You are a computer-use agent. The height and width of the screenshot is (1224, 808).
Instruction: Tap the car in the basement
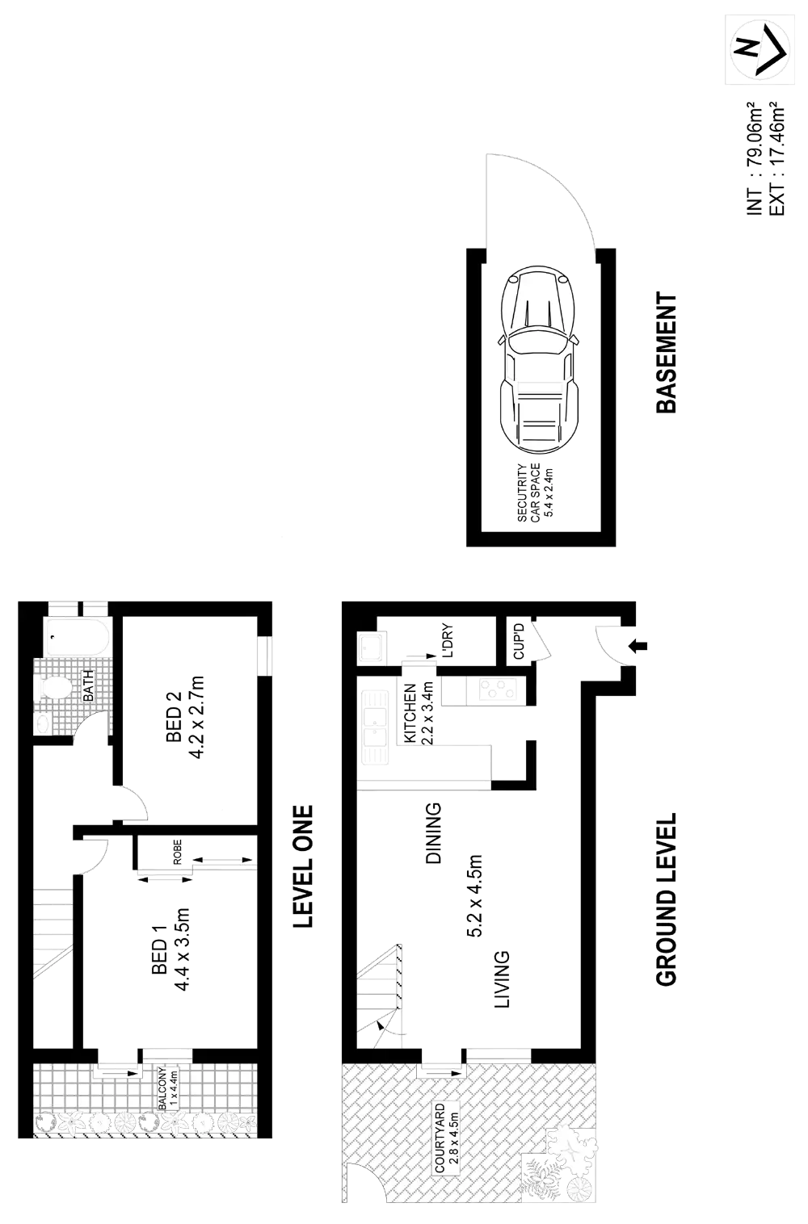(539, 359)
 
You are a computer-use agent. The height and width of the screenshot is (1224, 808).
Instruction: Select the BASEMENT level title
(667, 353)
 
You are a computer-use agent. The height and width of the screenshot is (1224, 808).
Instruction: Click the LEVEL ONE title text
(303, 866)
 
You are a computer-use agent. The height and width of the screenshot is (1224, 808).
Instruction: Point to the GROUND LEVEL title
(667, 897)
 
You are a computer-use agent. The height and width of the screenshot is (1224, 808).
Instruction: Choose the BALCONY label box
(167, 1089)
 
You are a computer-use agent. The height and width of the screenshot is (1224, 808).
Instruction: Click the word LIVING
(501, 979)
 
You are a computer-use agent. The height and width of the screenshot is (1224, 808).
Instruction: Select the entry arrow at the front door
(642, 644)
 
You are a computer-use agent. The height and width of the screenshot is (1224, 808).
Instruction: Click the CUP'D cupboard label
(519, 643)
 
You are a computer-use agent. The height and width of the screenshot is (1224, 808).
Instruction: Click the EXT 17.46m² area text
(778, 158)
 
